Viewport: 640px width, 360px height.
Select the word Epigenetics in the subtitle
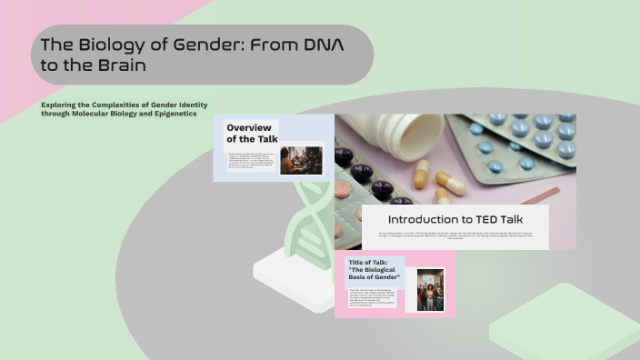pyautogui.click(x=173, y=114)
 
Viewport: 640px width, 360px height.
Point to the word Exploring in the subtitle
pyautogui.click(x=57, y=105)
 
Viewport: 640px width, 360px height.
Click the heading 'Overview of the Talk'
pyautogui.click(x=251, y=133)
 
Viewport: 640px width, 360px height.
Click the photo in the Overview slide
pyautogui.click(x=301, y=160)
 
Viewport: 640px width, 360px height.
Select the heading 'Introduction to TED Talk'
pyautogui.click(x=455, y=219)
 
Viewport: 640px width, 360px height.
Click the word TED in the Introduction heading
pyautogui.click(x=483, y=219)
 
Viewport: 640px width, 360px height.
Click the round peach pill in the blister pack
pyautogui.click(x=342, y=189)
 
